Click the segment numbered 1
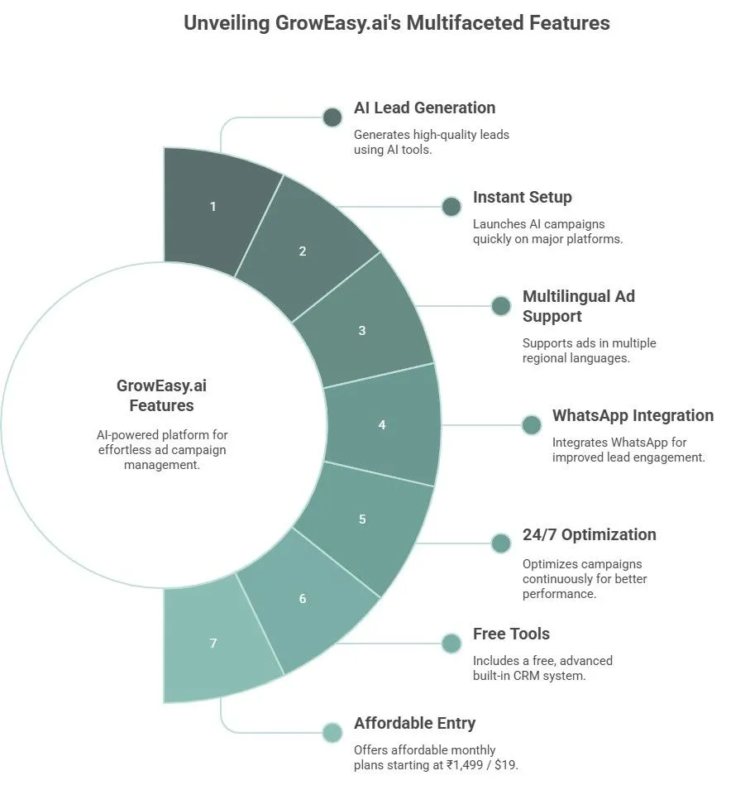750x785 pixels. tap(213, 206)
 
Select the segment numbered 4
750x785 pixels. tap(382, 424)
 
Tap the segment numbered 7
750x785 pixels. tap(213, 643)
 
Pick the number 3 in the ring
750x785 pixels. tap(362, 330)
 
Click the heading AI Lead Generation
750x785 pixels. tap(424, 108)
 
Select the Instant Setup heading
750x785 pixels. tap(522, 197)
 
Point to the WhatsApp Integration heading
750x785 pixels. tap(633, 415)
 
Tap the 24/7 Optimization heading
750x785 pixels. tap(589, 534)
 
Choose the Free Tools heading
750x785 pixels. tap(511, 634)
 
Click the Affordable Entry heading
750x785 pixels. tap(414, 723)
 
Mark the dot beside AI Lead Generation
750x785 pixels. tap(332, 117)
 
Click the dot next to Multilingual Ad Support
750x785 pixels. tap(501, 306)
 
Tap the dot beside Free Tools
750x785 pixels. tap(451, 644)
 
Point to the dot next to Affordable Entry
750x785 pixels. tap(332, 733)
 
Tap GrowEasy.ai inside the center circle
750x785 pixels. tap(161, 385)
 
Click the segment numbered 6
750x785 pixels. tap(303, 598)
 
